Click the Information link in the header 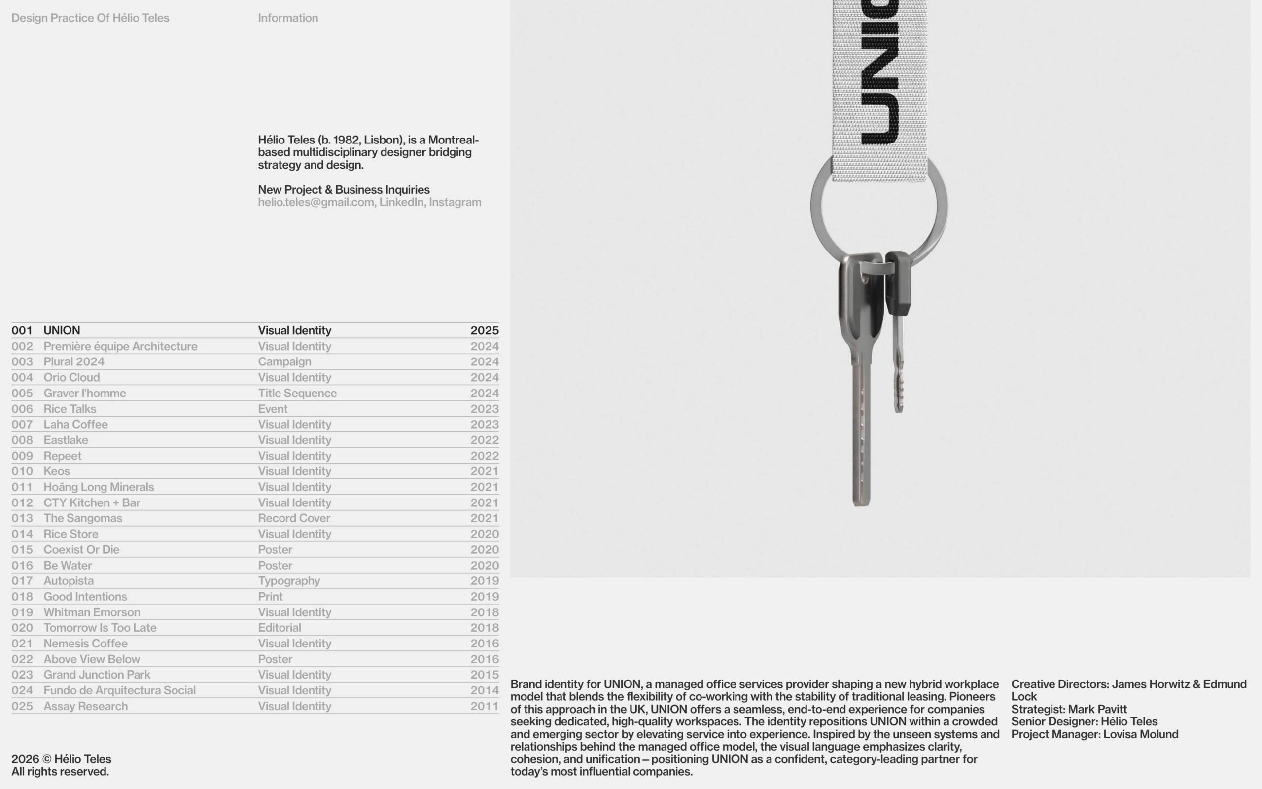pos(288,18)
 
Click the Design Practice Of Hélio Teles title pos(90,18)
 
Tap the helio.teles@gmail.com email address pos(315,203)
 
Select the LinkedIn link pos(401,203)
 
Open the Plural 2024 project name pos(74,361)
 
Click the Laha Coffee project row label pos(75,424)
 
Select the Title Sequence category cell pos(297,393)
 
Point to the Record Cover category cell pos(294,518)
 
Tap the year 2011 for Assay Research pos(485,706)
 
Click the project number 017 pos(22,581)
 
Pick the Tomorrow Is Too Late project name pos(100,628)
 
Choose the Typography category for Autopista pos(289,581)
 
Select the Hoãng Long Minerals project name pos(99,487)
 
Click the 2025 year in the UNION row pos(485,330)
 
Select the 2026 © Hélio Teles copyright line pos(62,759)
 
